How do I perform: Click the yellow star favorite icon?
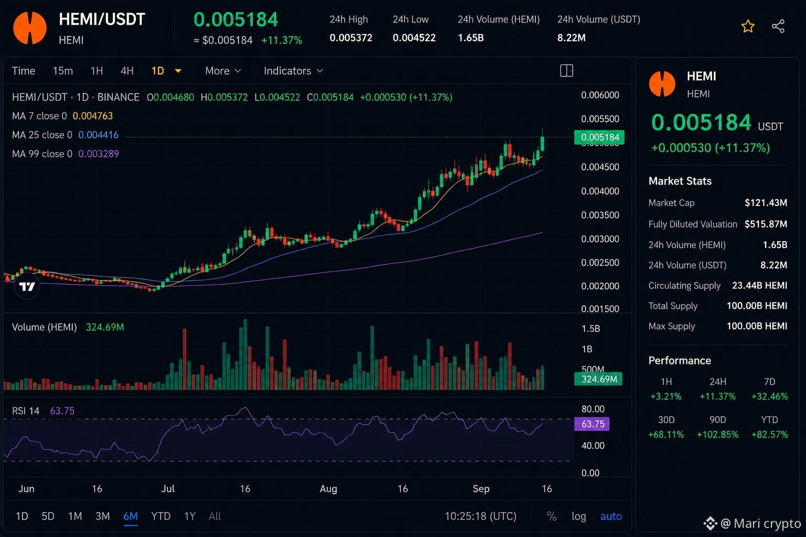748,26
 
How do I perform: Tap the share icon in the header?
778,26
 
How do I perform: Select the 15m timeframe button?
62,71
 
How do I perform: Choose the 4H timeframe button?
127,71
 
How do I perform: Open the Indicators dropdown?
293,71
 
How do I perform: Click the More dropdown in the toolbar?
222,71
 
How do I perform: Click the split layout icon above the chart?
566,70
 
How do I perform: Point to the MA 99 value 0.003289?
99,154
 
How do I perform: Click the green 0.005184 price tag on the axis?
599,137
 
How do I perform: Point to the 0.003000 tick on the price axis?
600,239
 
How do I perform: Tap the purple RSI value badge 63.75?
592,424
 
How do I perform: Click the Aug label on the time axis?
328,489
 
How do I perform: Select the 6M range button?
131,516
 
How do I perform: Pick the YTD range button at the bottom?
161,516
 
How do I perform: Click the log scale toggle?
579,517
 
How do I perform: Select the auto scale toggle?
611,517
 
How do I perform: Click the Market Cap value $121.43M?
766,203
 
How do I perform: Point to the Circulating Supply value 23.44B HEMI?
760,286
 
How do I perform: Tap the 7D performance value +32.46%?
770,396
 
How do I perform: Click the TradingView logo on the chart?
27,286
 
